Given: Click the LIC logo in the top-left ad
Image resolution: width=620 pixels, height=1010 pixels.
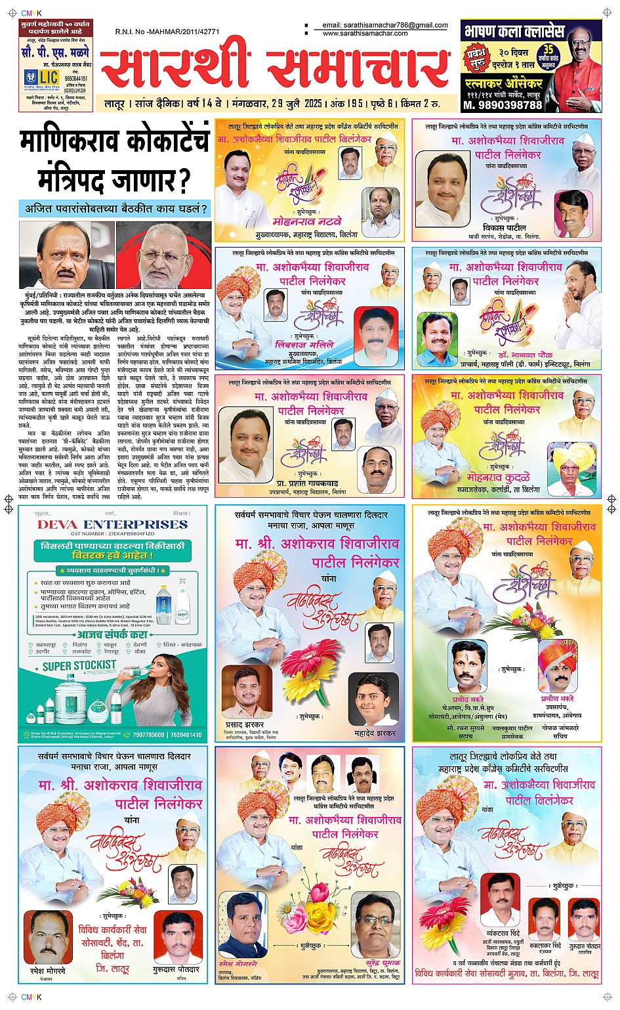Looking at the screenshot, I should [41, 77].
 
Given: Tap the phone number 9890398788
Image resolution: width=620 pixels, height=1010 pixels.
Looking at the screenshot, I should [503, 105].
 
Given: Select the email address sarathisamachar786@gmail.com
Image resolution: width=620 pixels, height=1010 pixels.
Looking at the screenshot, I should [385, 26].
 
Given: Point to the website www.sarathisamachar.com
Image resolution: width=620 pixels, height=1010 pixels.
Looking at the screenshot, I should [365, 33].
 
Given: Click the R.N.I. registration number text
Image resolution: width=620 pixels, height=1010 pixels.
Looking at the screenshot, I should [167, 32].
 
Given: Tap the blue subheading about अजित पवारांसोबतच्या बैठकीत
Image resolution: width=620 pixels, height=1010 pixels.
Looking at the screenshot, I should [115, 209].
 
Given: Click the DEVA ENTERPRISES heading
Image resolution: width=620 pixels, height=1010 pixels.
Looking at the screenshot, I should [112, 524].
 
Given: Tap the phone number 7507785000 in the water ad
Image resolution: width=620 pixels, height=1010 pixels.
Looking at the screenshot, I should [148, 734].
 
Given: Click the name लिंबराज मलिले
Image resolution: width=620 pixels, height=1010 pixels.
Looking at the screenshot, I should [304, 344].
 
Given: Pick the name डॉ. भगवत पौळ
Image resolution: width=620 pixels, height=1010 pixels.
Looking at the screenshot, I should [525, 355].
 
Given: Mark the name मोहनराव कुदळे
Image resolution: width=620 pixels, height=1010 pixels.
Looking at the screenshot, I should [498, 477].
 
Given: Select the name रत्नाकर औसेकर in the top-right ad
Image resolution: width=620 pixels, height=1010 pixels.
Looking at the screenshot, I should [504, 83].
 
